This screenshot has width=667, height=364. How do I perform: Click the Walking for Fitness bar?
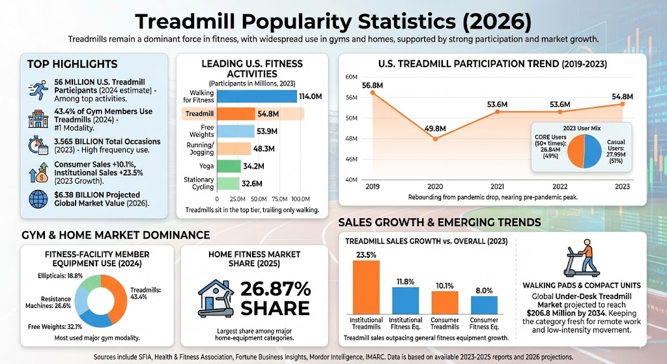click(x=257, y=96)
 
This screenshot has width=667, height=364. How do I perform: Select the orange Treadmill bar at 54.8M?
click(x=236, y=114)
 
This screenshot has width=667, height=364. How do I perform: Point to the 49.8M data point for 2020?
click(x=435, y=139)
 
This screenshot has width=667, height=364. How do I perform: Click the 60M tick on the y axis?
click(x=352, y=77)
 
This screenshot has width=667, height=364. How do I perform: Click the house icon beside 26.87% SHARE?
click(x=216, y=298)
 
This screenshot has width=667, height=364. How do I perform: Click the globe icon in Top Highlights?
click(x=36, y=199)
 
